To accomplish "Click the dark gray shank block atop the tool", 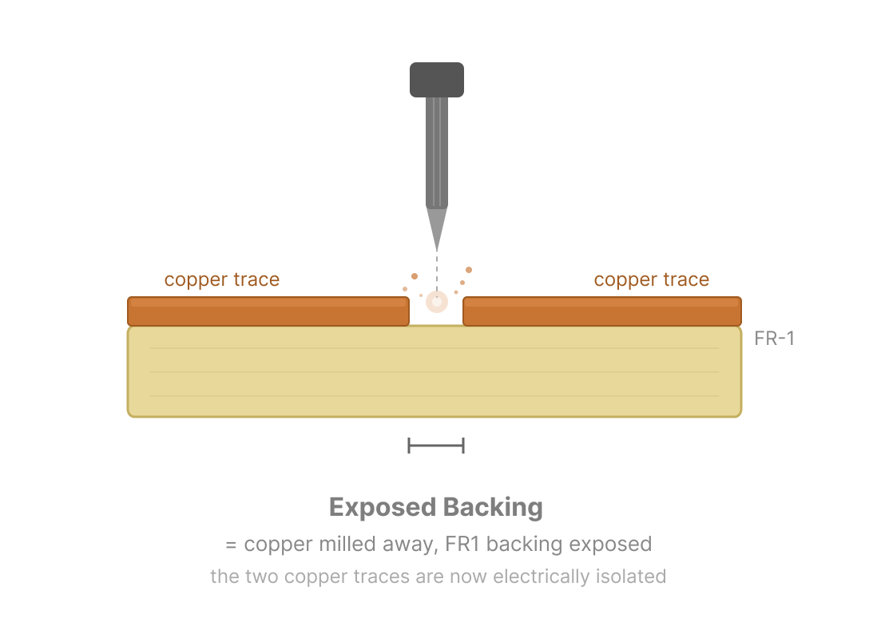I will click(x=436, y=79).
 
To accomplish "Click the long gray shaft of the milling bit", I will click(x=436, y=152).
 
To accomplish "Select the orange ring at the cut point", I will click(x=436, y=302).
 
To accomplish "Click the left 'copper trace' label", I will click(x=221, y=279).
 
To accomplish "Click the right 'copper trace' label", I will click(x=651, y=279).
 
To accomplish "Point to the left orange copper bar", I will click(x=268, y=311).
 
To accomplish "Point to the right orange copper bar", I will click(x=602, y=311).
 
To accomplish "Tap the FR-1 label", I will click(x=774, y=339).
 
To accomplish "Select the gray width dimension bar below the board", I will click(x=436, y=446).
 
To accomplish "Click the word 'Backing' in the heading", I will click(x=493, y=508).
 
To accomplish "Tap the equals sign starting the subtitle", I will click(x=231, y=545).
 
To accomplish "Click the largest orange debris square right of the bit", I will click(x=469, y=270).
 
